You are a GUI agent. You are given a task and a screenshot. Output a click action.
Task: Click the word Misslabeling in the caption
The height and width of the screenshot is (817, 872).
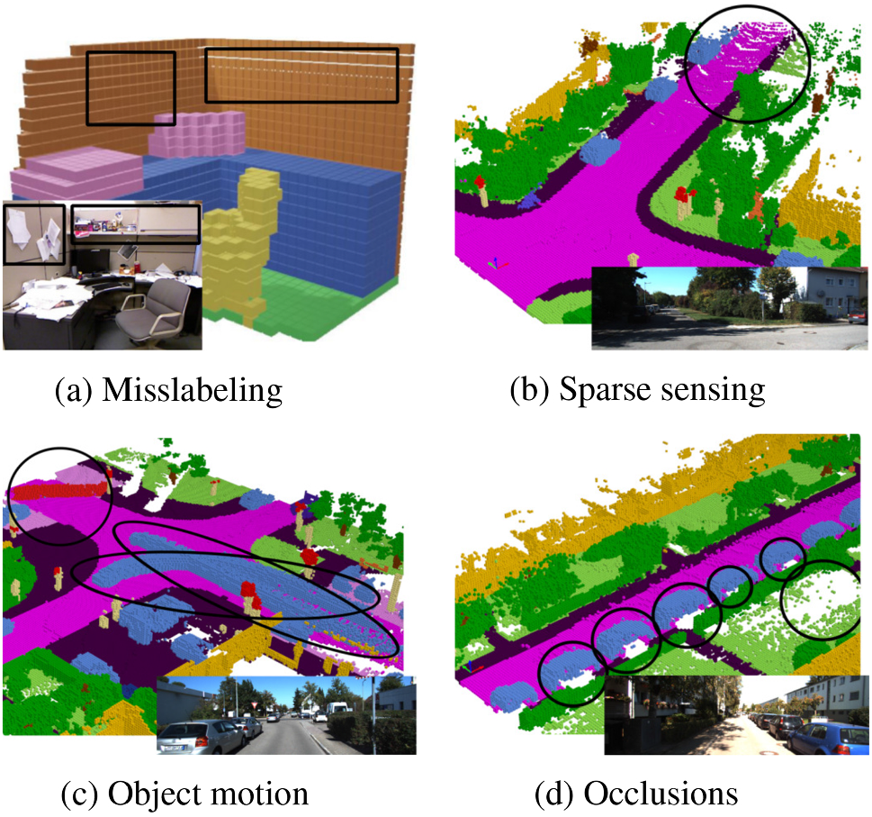(193, 390)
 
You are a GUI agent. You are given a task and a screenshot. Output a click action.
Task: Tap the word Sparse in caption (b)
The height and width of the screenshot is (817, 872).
(598, 390)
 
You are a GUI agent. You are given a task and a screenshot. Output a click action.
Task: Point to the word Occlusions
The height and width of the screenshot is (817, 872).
(661, 794)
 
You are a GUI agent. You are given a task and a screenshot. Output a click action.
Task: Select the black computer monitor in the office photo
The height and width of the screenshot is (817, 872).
(90, 260)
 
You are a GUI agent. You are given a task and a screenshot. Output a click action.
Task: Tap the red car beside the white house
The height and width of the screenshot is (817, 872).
(857, 317)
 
